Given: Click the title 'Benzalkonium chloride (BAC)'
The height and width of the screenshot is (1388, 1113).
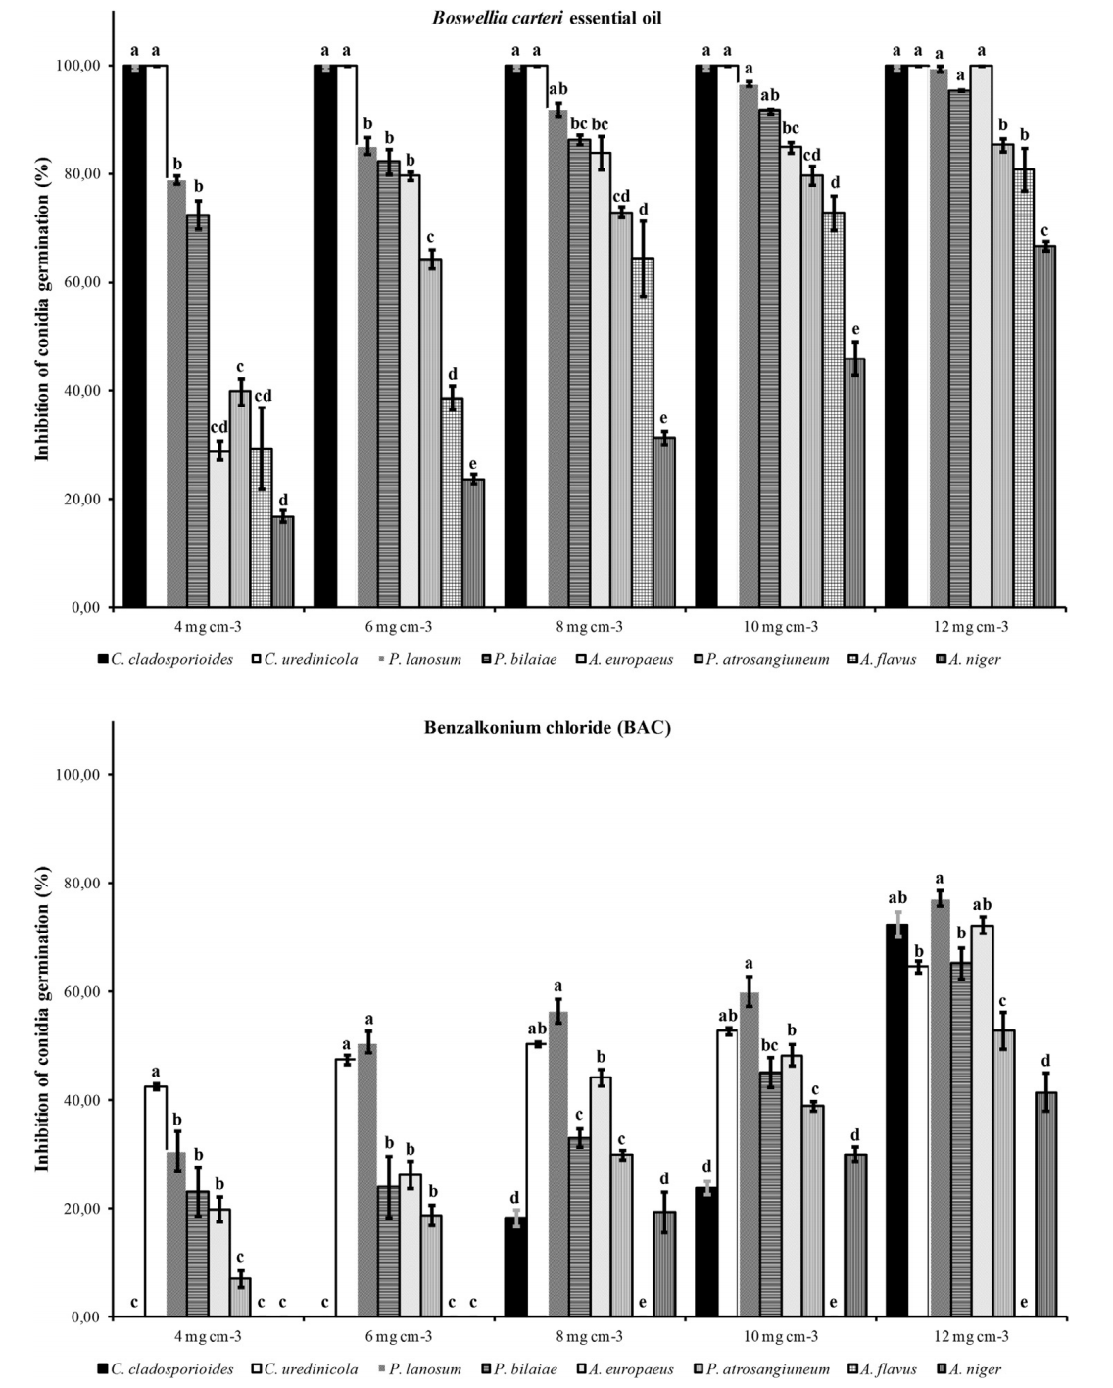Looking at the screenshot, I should point(548,728).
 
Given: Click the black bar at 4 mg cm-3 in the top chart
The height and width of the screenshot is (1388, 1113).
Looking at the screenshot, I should point(134,336).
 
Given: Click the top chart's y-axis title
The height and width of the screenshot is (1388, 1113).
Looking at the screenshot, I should point(42,311).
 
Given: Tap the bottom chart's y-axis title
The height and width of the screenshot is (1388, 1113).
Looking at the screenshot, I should point(42,1021).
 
